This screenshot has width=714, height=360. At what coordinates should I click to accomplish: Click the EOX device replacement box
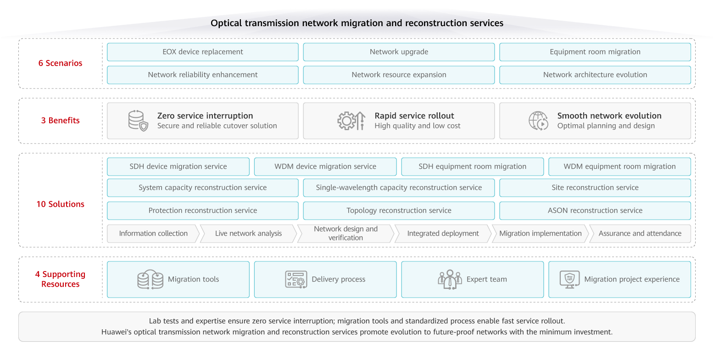point(202,52)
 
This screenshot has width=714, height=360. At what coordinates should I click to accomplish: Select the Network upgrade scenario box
point(399,52)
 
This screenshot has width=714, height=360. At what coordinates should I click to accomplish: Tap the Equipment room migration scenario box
point(595,52)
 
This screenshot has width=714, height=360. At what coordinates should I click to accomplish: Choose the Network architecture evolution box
point(595,75)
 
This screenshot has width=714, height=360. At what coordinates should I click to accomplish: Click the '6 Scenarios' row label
point(60,63)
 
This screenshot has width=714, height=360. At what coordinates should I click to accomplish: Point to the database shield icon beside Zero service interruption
point(138,121)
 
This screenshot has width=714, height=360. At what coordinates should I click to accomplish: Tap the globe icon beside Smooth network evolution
point(538,121)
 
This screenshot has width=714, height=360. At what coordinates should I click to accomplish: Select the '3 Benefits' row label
point(60,121)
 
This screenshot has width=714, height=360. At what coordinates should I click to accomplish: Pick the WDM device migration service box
point(325,166)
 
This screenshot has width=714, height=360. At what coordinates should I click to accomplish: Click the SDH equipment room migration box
point(472,166)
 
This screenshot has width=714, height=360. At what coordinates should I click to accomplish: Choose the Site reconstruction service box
point(595,188)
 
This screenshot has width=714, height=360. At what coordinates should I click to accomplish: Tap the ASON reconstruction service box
point(595,210)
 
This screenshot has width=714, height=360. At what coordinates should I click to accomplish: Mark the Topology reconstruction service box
point(399,210)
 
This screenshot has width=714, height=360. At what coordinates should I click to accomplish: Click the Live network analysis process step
point(248,233)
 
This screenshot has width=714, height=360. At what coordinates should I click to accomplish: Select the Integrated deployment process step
point(443,233)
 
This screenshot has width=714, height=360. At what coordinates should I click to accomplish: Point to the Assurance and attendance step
point(640,233)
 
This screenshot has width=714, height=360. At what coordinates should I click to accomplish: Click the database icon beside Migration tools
point(151,279)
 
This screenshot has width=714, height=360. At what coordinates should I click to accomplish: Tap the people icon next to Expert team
point(449,279)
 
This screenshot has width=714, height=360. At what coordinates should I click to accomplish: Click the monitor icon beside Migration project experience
point(569,279)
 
